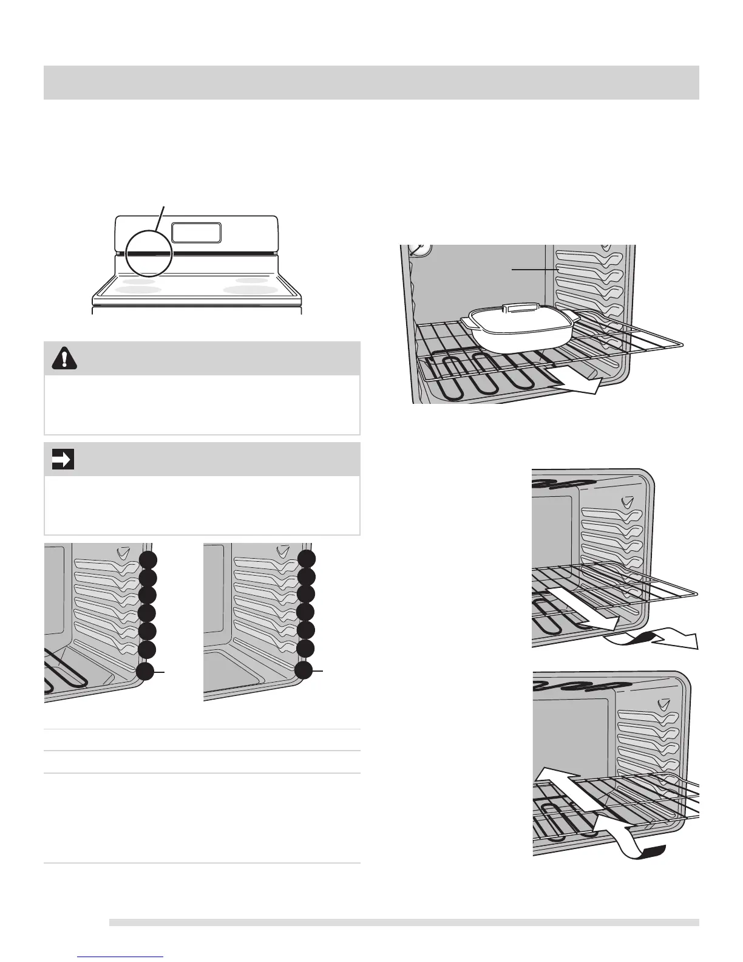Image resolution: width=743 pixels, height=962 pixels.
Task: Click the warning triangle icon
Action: (61, 359)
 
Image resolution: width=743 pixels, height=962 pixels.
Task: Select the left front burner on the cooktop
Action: (138, 290)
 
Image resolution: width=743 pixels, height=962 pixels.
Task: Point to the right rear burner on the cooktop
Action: (251, 280)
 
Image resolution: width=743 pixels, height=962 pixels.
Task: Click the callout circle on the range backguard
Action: (150, 254)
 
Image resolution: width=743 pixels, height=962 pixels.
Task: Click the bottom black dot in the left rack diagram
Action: (146, 672)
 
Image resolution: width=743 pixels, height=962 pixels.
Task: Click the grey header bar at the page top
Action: (371, 82)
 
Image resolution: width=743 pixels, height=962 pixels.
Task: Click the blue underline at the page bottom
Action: (121, 958)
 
